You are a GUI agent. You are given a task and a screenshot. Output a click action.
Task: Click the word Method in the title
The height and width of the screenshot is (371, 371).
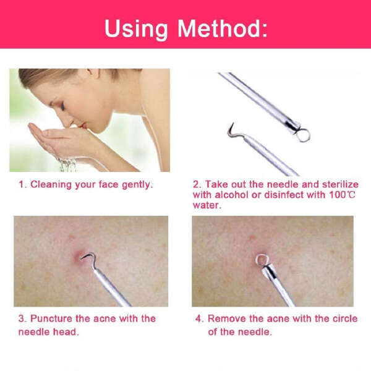[222, 28]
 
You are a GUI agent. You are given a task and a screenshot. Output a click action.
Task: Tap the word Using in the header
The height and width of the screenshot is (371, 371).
[136, 30]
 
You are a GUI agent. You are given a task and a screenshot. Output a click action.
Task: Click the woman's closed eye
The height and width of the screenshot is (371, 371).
[62, 106]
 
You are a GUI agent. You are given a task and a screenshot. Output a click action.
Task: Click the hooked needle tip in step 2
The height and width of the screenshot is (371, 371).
[231, 130]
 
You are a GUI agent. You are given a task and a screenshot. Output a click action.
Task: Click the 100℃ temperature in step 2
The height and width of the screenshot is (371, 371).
[342, 195]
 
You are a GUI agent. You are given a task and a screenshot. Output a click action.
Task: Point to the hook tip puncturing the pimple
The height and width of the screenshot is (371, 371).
[82, 257]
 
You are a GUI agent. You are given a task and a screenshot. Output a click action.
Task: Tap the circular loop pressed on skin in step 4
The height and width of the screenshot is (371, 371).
[261, 260]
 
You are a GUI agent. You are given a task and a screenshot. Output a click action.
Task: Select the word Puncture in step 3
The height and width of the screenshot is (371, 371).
[51, 318]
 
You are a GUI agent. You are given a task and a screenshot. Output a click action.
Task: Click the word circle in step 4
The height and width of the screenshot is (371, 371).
[345, 318]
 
